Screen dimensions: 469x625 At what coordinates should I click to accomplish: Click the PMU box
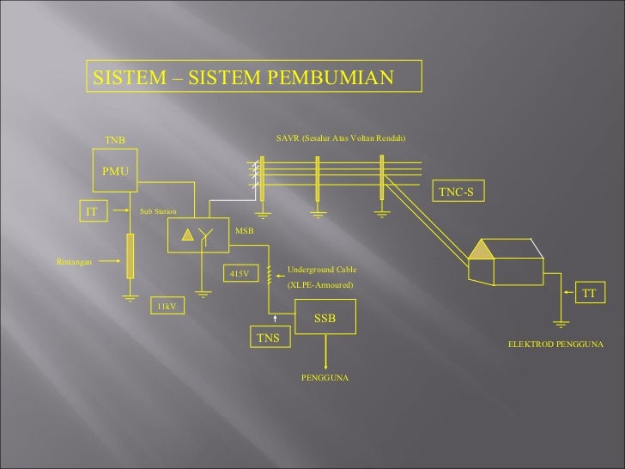pos(115,172)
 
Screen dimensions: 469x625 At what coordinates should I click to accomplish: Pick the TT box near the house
pos(588,294)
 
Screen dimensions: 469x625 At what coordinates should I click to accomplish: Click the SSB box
pos(325,319)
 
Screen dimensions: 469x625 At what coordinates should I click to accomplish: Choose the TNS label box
pos(270,338)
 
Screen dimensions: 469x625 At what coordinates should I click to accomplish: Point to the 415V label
pos(240,273)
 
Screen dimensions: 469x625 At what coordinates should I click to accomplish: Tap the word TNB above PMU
pos(115,139)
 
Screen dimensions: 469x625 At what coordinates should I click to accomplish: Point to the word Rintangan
pos(74,261)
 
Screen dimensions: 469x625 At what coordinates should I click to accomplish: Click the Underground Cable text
pos(321,270)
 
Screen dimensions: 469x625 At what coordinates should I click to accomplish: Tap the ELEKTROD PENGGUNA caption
pos(555,344)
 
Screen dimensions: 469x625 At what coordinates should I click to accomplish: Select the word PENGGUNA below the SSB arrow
pos(325,378)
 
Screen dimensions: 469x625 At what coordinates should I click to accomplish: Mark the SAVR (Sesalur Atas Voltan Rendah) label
pos(340,137)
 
